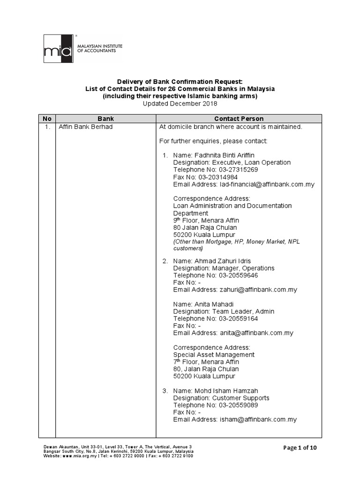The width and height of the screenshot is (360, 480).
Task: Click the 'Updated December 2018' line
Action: (x=180, y=104)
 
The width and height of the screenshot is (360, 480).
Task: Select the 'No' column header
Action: (x=47, y=119)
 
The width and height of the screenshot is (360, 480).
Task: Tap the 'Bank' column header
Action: (x=105, y=119)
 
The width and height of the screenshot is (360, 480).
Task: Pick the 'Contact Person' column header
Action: (x=239, y=119)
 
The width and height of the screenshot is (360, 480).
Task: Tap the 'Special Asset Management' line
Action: (x=214, y=355)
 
